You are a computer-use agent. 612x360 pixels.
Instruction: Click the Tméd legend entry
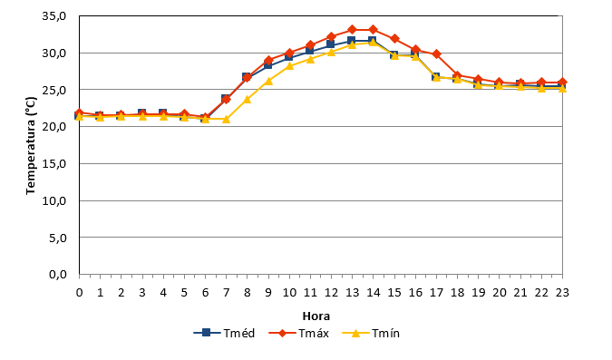click(224, 333)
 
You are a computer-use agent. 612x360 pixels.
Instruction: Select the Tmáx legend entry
click(299, 333)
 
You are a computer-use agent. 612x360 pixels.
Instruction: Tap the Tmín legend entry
click(371, 333)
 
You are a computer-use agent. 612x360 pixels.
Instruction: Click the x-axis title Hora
click(316, 316)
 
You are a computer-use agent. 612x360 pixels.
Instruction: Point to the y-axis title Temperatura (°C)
click(31, 146)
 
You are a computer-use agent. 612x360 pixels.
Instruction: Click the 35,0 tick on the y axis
click(54, 16)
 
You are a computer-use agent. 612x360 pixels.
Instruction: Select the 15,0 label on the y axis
click(54, 163)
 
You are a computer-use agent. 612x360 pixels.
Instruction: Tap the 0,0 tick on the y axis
click(58, 275)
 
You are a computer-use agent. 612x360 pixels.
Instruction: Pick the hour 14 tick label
click(374, 293)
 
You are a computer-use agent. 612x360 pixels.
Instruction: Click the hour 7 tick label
click(227, 293)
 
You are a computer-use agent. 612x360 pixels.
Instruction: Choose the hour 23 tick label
click(562, 293)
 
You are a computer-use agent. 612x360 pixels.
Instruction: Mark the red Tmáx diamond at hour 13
click(352, 29)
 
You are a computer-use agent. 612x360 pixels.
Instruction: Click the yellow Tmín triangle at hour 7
click(227, 119)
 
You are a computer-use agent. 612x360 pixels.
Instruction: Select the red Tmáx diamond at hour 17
click(436, 54)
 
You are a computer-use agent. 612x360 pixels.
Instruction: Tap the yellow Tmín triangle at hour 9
click(268, 81)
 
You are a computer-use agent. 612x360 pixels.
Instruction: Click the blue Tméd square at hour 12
click(331, 44)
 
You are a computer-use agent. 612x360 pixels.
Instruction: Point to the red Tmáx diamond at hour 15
click(394, 38)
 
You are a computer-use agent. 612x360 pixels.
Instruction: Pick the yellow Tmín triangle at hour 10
click(289, 65)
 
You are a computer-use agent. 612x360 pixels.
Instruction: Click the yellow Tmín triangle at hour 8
click(247, 99)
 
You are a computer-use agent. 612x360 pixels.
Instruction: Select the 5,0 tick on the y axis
click(58, 238)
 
